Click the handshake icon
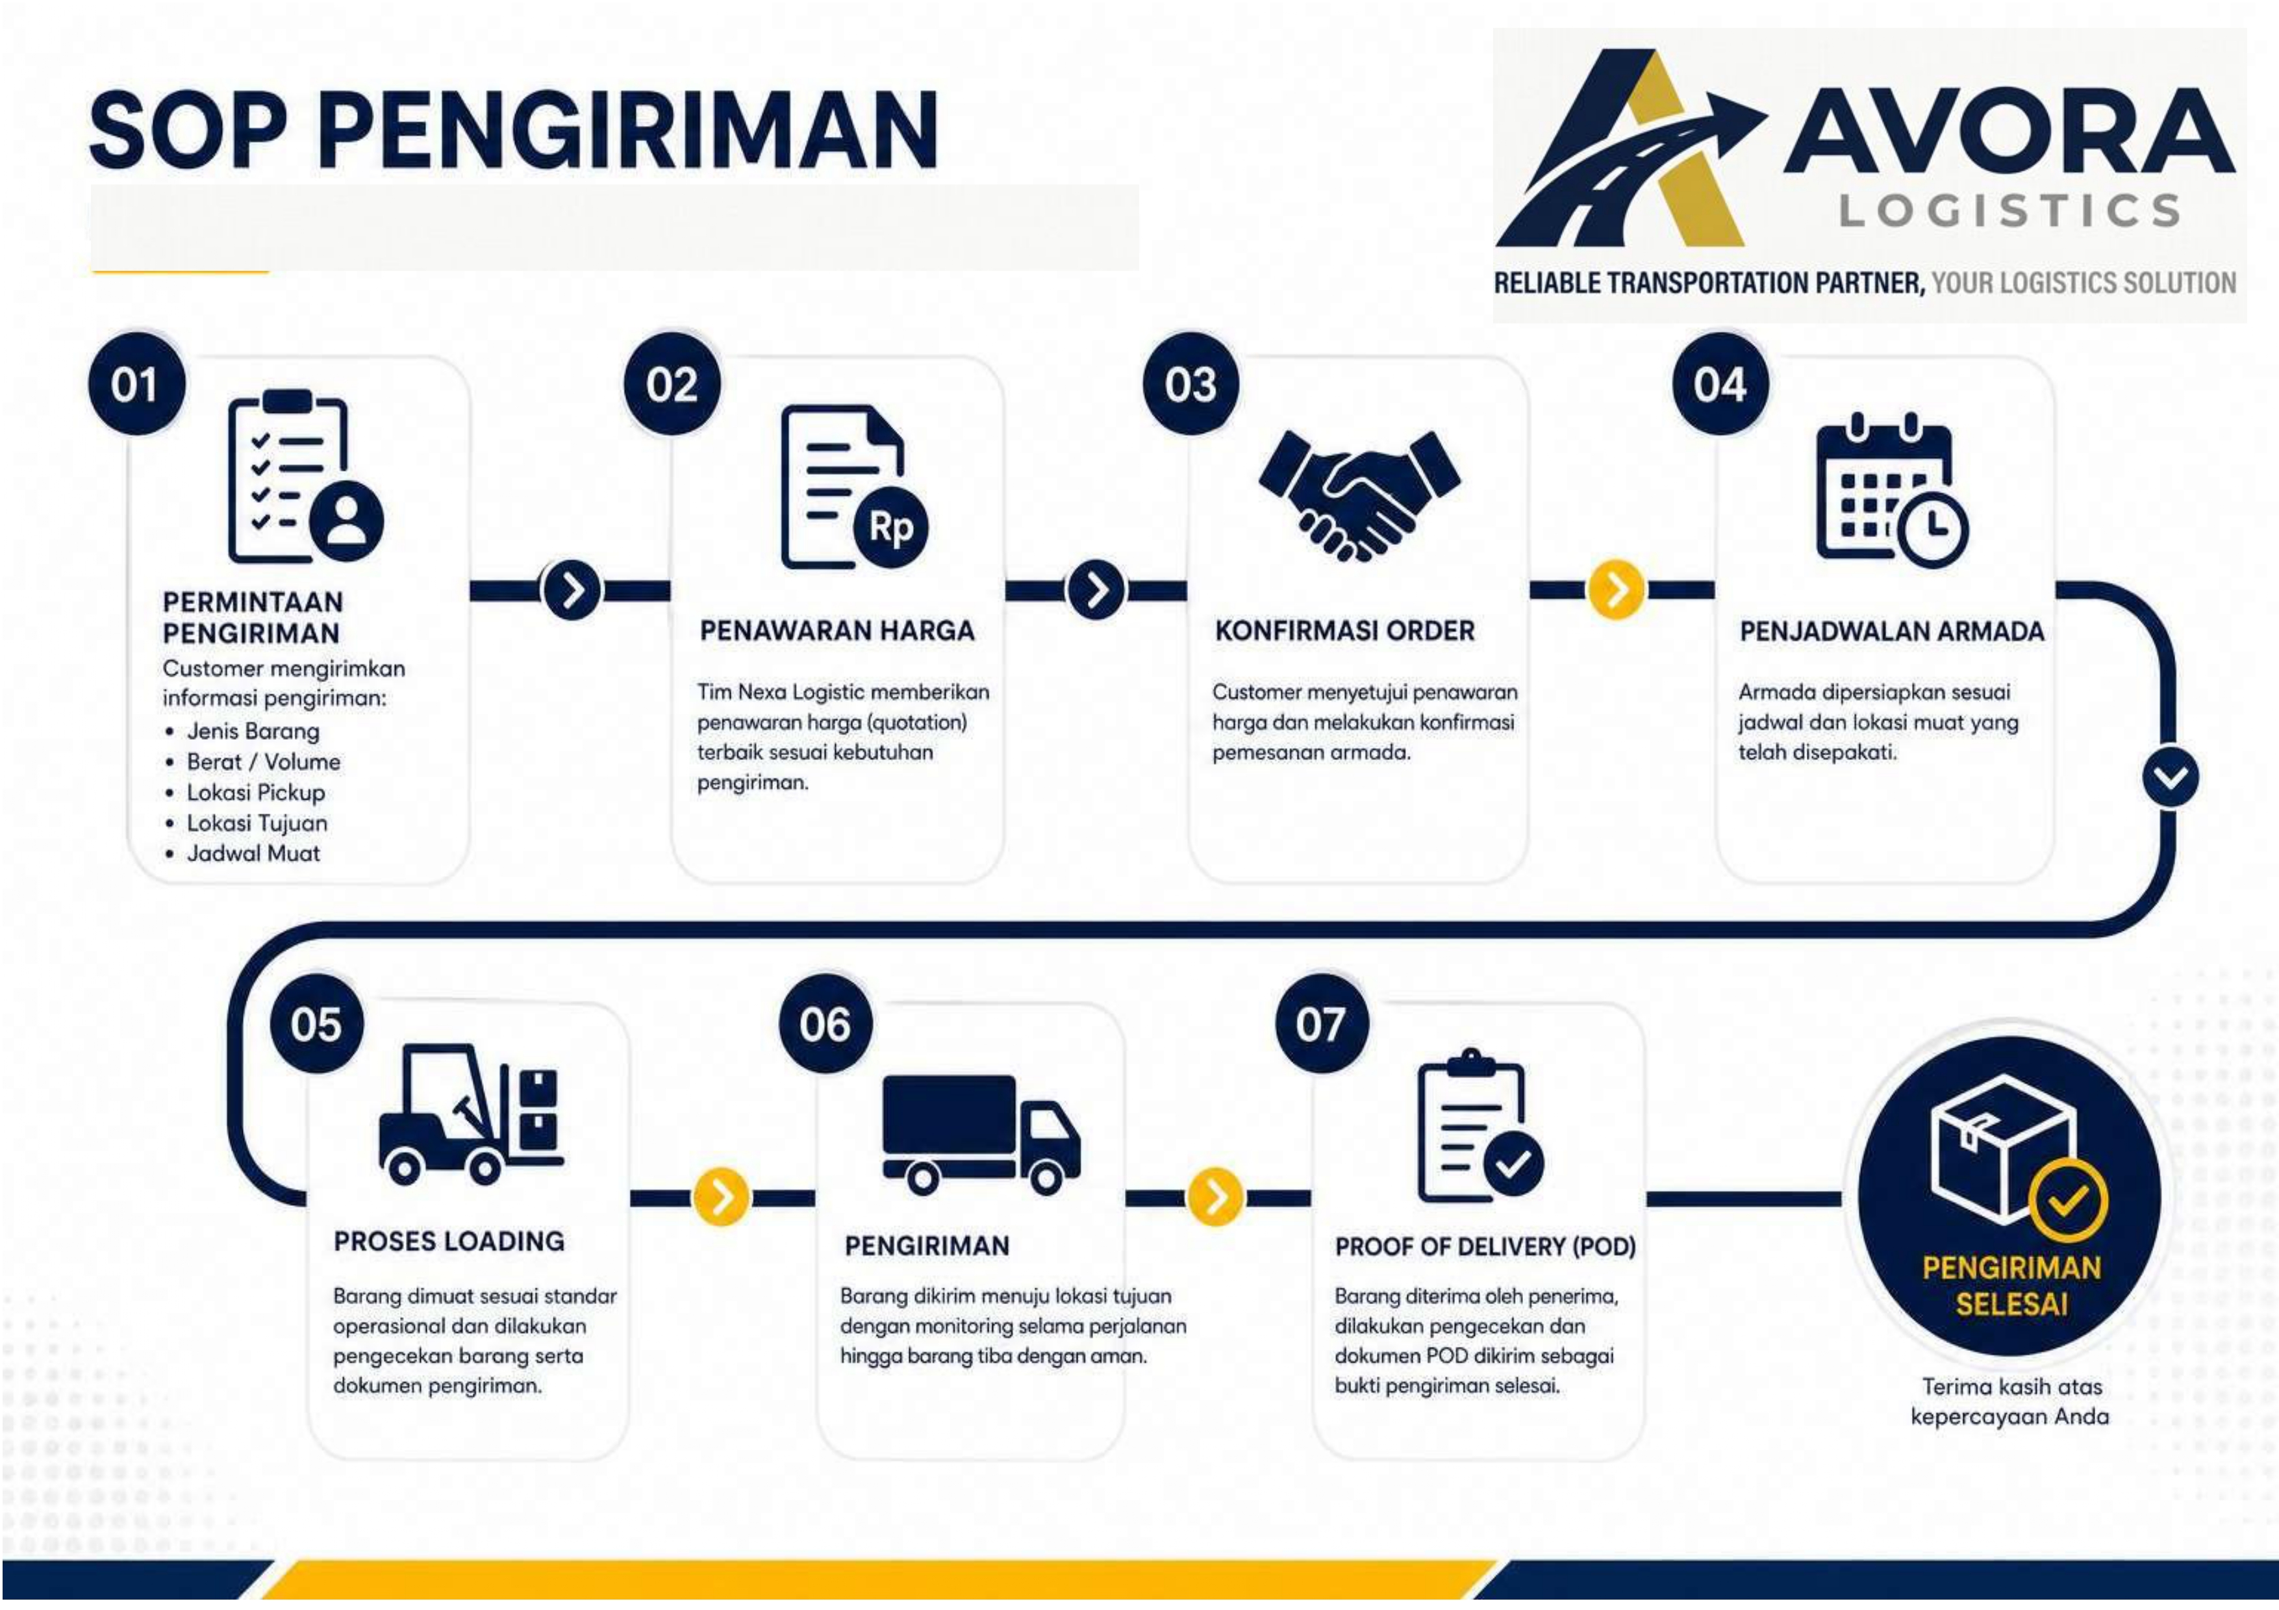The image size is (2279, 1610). (x=1359, y=494)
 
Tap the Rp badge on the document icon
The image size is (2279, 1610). (x=890, y=527)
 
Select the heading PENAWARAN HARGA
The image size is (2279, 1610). (x=837, y=631)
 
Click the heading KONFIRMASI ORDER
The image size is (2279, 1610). (x=1345, y=631)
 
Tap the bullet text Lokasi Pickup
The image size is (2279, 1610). (x=256, y=792)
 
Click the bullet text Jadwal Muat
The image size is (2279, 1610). (x=253, y=853)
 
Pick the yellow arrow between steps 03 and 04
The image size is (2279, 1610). (x=1616, y=590)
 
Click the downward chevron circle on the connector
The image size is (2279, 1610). (x=2171, y=776)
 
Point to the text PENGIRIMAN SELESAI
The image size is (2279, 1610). (x=2011, y=1285)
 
